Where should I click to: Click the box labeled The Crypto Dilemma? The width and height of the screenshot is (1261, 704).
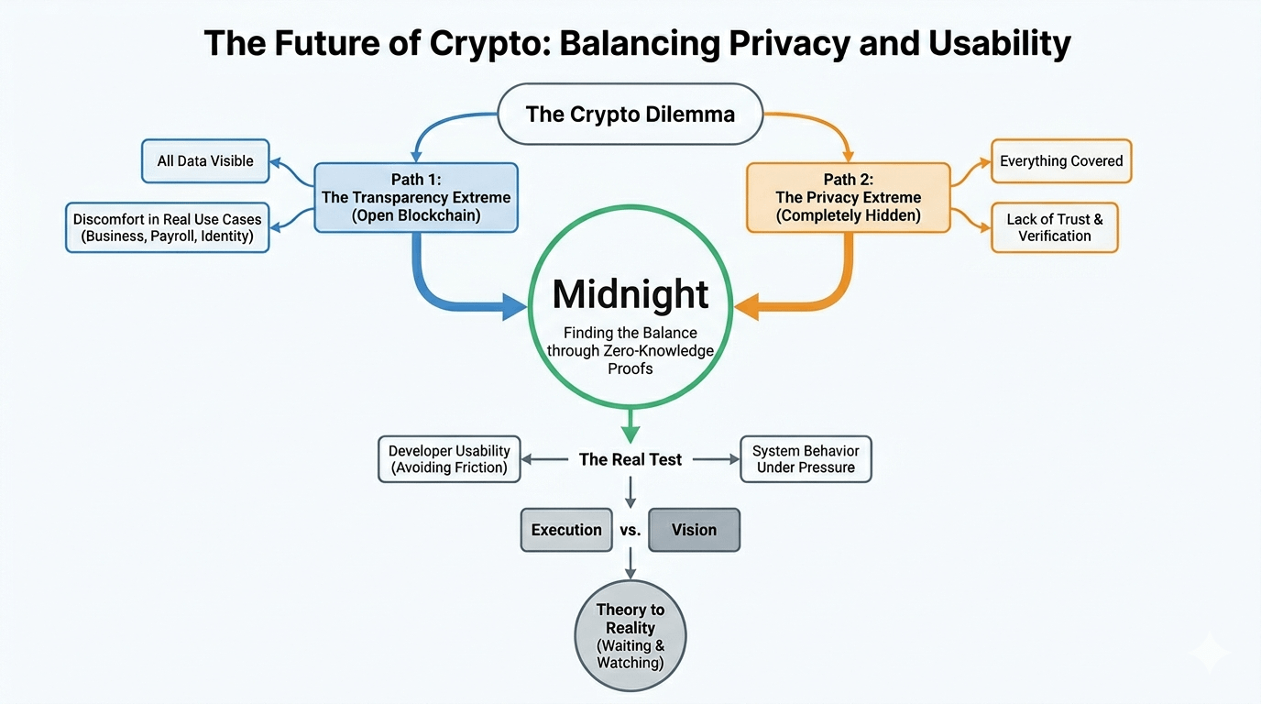tap(630, 115)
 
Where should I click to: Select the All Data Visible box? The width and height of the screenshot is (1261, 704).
tap(205, 161)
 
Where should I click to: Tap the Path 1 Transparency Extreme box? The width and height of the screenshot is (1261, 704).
tap(416, 197)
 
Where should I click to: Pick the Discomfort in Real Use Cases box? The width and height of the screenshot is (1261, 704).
tap(168, 227)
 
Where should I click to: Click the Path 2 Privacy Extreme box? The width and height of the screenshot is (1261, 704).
tap(848, 197)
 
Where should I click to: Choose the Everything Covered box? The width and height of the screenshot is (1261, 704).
tap(1061, 161)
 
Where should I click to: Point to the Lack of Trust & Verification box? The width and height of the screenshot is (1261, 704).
tap(1055, 227)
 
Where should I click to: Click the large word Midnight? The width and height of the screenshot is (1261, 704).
tap(630, 294)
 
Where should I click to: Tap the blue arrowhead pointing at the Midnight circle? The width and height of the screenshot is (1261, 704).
tap(514, 307)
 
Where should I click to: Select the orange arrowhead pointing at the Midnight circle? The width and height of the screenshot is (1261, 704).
tap(748, 307)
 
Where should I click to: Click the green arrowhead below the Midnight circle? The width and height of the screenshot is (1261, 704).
tap(630, 430)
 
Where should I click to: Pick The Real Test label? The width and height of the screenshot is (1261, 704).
tap(630, 460)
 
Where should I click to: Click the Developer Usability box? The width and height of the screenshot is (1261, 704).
tap(449, 459)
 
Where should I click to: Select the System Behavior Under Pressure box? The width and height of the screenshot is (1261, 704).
tap(806, 459)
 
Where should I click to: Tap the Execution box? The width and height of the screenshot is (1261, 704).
tap(566, 530)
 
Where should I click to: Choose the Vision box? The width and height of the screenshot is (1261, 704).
tap(694, 530)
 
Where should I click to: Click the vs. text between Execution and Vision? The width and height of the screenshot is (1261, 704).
tap(630, 531)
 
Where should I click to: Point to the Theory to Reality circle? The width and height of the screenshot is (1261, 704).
tap(630, 636)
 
